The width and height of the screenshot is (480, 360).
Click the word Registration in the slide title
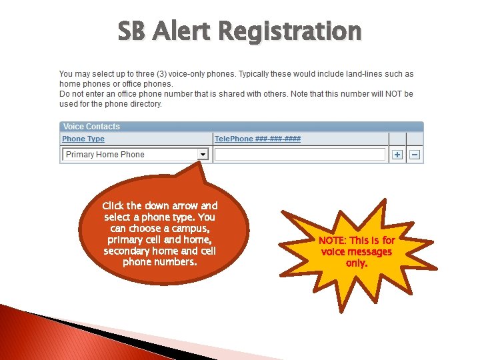[x=289, y=31]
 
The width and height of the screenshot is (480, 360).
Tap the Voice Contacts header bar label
[x=91, y=127]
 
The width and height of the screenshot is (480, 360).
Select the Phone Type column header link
[x=83, y=139]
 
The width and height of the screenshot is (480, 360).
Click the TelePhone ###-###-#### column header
[x=257, y=139]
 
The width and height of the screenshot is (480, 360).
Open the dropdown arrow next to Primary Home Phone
[x=203, y=155]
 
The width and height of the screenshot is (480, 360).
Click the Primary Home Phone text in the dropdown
[x=105, y=155]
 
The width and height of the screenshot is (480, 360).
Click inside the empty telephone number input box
[x=300, y=155]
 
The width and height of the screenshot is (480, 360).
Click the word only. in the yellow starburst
[x=356, y=263]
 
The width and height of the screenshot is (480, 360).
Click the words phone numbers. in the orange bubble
[x=160, y=262]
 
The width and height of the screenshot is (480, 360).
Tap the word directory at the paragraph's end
[x=146, y=104]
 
